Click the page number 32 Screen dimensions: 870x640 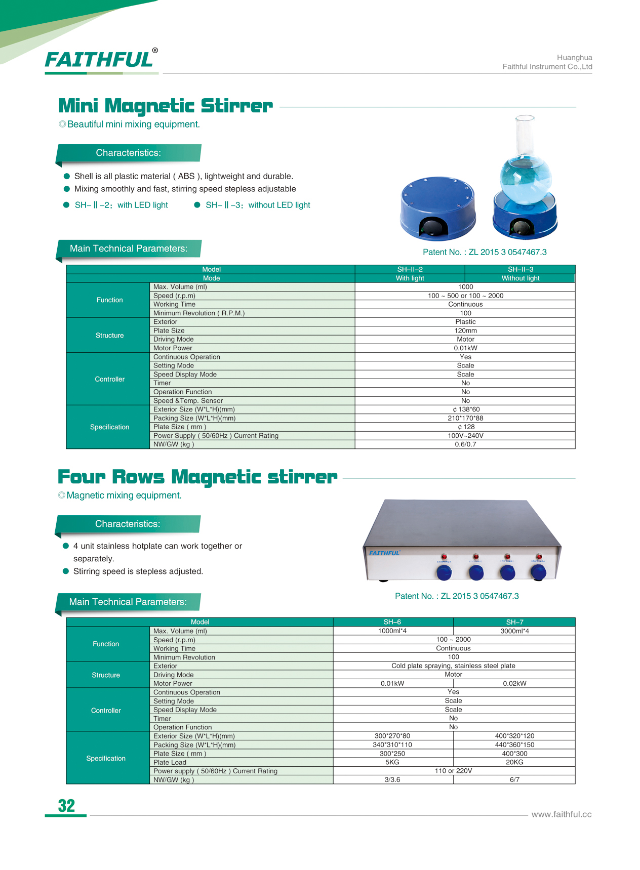coord(66,805)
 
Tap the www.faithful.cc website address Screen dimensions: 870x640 coord(561,814)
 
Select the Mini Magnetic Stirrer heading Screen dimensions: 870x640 coord(166,106)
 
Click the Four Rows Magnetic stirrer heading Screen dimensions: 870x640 coord(197,477)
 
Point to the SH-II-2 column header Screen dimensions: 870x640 coord(410,269)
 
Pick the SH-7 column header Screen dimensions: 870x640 coord(514,622)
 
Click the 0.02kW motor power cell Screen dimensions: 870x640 coord(514,683)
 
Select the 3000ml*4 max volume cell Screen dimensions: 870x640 coord(514,631)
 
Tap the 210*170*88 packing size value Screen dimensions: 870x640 coord(465,418)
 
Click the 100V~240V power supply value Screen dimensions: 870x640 coord(465,436)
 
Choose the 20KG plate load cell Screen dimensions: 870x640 coord(514,762)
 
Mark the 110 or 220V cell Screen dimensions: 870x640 coord(454,771)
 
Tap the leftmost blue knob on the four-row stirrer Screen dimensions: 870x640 coord(444,573)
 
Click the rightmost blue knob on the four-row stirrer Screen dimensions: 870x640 coord(538,572)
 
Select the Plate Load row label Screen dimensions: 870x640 coord(170,762)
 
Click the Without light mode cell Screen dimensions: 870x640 coord(520,278)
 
